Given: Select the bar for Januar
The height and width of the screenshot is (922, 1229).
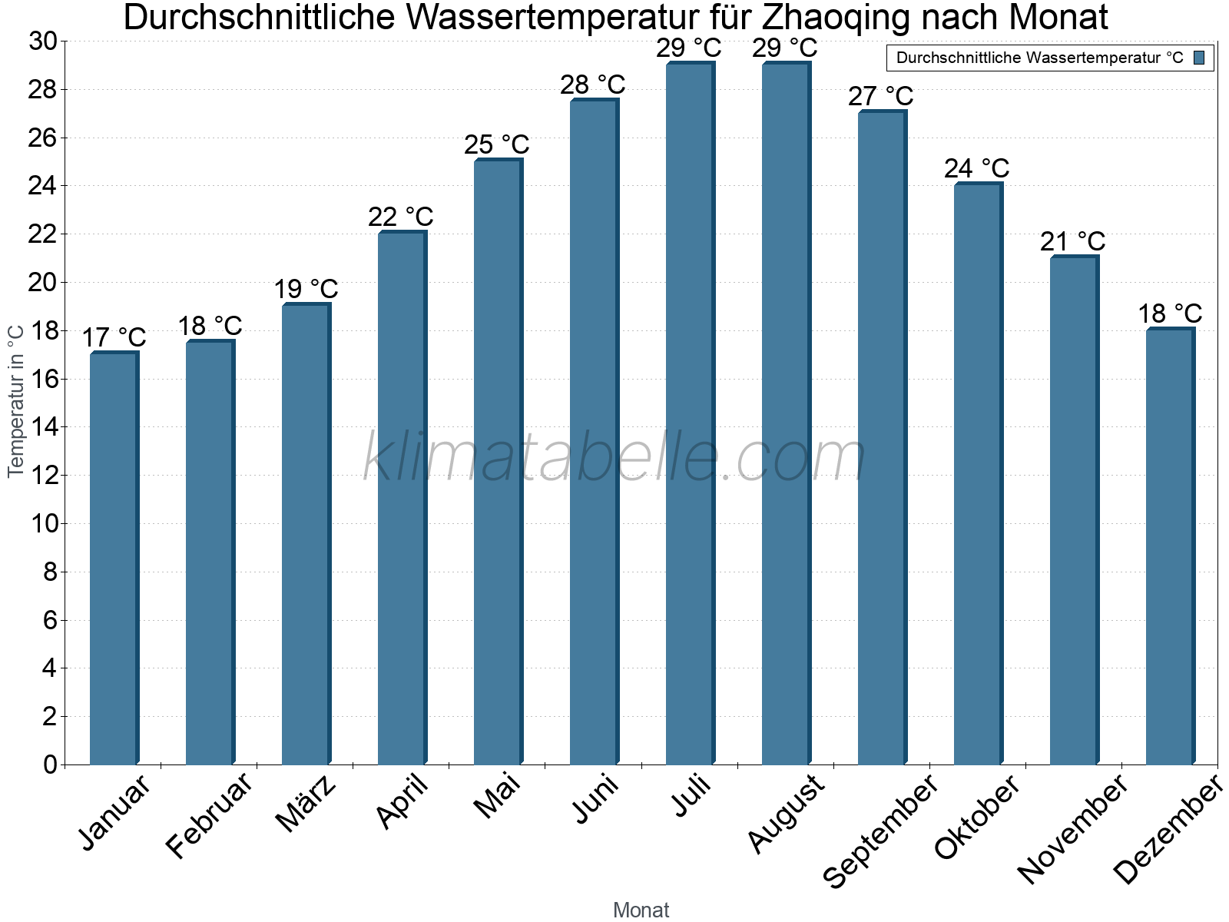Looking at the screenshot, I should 114,559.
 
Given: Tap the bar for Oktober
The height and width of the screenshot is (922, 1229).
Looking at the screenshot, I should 978,474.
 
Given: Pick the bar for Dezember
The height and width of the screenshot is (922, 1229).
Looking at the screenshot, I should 1170,546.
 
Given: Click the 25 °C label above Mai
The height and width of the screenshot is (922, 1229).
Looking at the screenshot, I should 497,144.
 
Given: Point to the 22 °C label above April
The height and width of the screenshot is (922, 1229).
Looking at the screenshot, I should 401,217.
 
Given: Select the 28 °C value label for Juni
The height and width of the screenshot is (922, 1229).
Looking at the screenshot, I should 593,85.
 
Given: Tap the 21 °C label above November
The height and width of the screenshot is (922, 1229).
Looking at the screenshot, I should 1073,241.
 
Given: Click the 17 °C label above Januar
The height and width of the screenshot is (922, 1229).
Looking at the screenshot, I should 114,337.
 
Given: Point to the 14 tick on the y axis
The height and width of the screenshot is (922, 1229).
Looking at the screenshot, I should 45,427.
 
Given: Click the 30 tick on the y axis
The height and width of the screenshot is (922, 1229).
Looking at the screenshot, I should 44,41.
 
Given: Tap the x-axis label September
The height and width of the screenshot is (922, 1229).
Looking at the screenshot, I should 880,830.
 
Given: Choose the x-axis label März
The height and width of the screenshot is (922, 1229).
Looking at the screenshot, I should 306,803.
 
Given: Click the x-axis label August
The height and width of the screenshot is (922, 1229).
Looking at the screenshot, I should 786,813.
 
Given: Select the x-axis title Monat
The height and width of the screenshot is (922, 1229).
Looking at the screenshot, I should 641,910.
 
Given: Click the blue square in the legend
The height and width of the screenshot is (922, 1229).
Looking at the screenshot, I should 1200,58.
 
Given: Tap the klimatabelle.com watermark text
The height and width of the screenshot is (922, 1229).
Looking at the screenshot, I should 614,458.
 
